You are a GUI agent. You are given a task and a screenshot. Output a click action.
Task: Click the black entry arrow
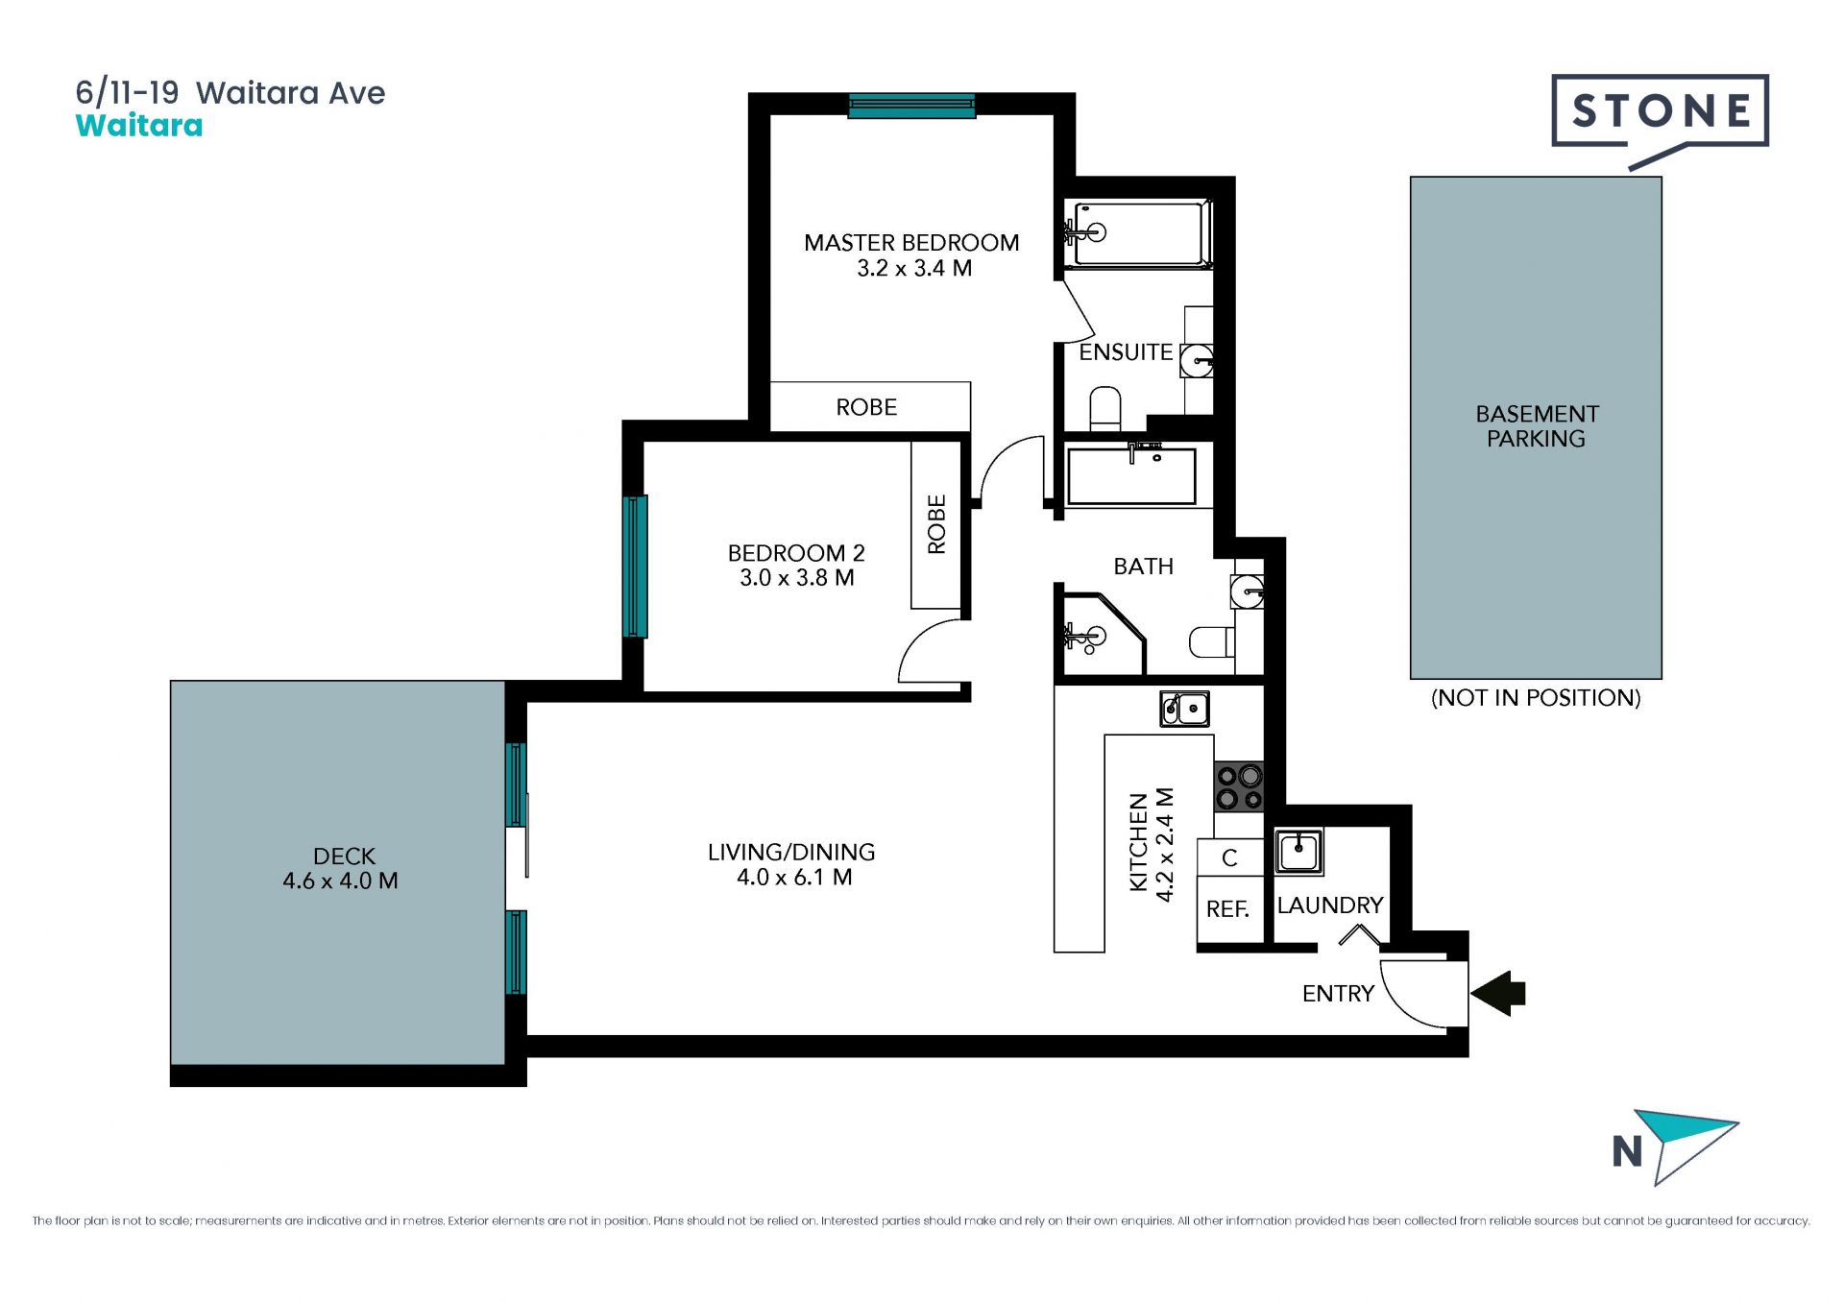[x=1498, y=993]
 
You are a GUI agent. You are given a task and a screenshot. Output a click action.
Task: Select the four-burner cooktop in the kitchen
[x=1239, y=786]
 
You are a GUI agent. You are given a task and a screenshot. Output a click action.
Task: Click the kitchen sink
[x=1184, y=709]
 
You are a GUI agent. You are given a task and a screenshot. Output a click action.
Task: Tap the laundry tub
[x=1298, y=851]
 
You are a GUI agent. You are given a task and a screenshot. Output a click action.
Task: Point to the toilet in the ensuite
[x=1105, y=408]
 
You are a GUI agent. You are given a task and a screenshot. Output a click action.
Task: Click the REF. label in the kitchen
[x=1227, y=909]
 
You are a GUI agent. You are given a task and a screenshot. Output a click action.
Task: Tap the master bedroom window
[x=911, y=106]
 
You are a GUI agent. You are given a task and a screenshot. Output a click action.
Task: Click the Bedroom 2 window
[x=635, y=567]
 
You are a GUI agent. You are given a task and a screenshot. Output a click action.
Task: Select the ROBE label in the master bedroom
[x=866, y=407]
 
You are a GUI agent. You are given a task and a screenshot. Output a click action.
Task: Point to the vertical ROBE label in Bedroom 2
[x=936, y=524]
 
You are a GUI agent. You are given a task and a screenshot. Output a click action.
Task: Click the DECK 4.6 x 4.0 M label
[x=341, y=868]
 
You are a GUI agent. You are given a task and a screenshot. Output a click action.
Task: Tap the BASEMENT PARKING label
[x=1537, y=426]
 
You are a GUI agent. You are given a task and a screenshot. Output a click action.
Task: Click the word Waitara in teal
[x=139, y=126]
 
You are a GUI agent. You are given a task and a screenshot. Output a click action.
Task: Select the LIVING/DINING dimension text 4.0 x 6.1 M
[x=794, y=878]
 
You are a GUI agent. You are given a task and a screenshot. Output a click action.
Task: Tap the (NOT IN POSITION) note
[x=1536, y=698]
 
